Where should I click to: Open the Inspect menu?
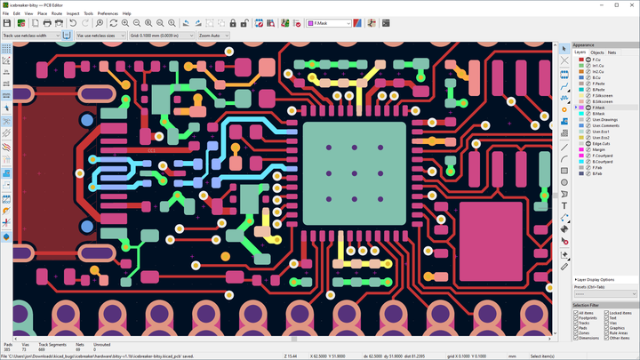73,13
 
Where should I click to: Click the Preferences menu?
108,13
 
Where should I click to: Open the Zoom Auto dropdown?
218,36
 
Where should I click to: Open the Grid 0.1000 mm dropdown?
161,36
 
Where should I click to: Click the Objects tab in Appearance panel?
596,52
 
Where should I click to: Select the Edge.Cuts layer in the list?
602,144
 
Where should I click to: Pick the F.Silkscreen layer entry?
604,95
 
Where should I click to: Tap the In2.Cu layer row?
598,71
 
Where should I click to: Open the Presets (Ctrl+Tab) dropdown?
604,293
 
